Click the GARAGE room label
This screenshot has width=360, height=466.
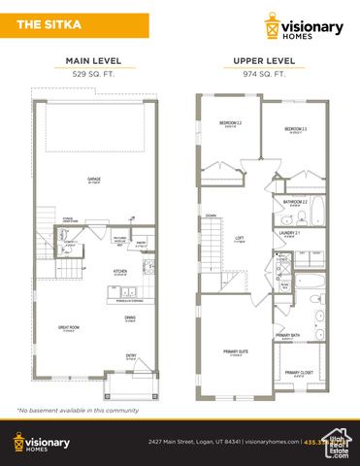tap(94, 180)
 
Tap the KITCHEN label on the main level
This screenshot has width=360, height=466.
tap(120, 271)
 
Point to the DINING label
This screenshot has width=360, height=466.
tap(129, 317)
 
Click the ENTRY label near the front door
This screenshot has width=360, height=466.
tap(130, 355)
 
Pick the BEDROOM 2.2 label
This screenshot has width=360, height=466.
tap(229, 123)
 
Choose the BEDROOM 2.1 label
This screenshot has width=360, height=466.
tap(296, 128)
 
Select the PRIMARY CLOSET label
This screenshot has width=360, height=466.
tap(298, 373)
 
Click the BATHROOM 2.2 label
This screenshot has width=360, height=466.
tap(295, 202)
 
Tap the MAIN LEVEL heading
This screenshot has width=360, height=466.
tap(93, 61)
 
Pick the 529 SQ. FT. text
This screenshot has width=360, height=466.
tap(93, 73)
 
